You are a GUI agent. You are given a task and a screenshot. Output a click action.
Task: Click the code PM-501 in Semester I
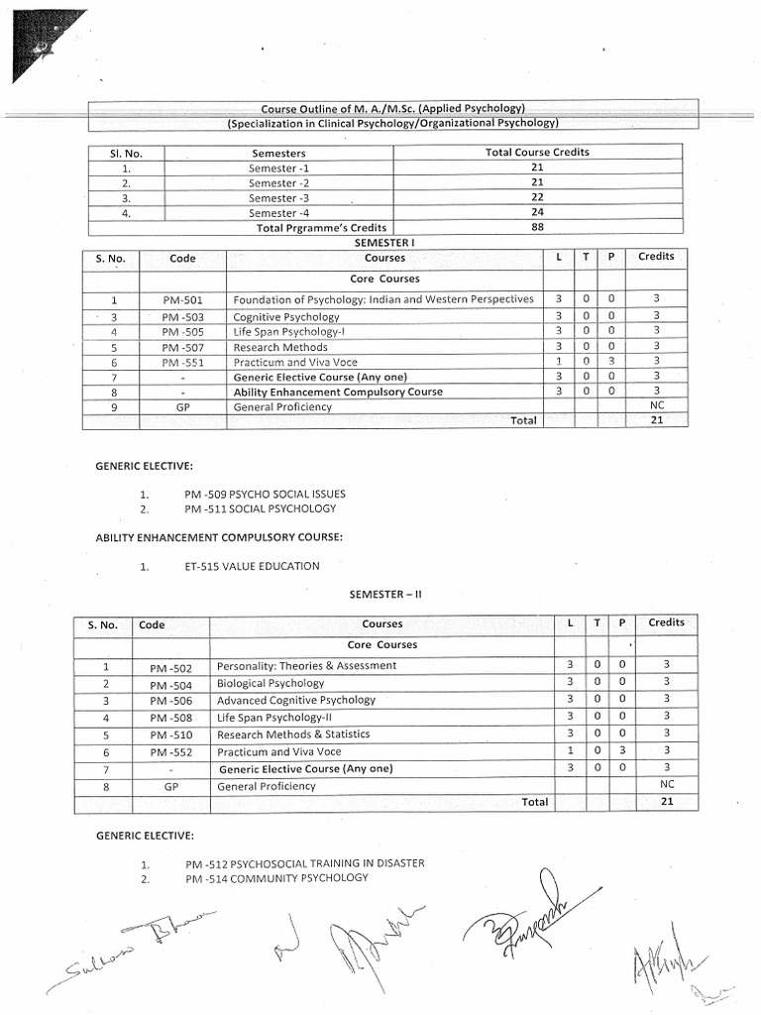coord(182,299)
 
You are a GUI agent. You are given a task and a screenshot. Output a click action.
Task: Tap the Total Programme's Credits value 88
coord(537,227)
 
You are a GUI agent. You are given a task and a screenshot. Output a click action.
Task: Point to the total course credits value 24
coord(537,212)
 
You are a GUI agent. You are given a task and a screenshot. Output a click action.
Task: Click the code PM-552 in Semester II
coord(169,752)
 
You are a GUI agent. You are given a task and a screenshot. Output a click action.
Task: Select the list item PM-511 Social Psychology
coord(260,508)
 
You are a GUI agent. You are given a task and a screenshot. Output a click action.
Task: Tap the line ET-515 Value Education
coord(252,566)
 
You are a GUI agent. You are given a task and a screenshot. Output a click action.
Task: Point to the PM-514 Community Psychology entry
coord(276,878)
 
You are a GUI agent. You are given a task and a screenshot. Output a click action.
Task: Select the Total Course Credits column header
coord(537,153)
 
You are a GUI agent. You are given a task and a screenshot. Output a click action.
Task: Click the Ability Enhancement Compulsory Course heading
coord(219,537)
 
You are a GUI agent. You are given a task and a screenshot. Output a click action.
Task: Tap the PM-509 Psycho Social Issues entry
coord(265,494)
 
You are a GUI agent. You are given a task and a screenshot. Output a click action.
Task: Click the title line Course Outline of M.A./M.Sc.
coord(392,108)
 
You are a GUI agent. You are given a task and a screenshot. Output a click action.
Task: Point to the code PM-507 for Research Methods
coord(182,348)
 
